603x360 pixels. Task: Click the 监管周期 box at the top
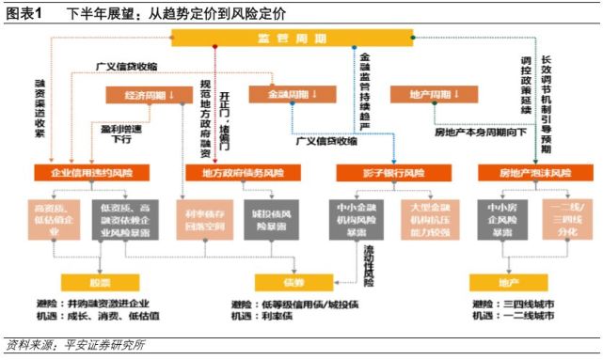(292, 38)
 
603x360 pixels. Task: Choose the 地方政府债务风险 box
(239, 173)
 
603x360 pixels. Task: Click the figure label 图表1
(24, 12)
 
